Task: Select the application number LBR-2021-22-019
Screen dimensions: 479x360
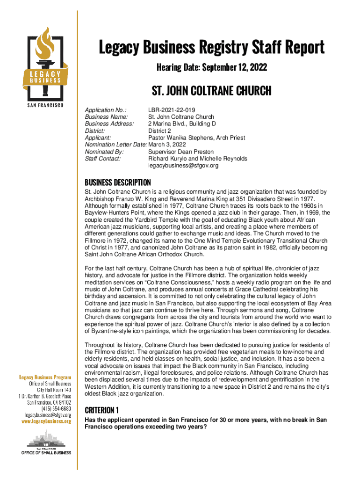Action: tap(172, 110)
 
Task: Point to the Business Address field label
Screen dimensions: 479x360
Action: tap(109, 124)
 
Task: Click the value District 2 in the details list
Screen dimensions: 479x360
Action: tap(160, 131)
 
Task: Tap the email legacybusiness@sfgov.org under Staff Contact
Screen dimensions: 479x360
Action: tap(183, 166)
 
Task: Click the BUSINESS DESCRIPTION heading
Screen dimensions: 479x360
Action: tap(117, 182)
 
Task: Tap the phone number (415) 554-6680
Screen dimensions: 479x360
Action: tap(55, 408)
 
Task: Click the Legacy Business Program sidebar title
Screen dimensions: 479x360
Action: tap(45, 377)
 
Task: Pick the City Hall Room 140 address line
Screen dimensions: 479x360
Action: tap(54, 389)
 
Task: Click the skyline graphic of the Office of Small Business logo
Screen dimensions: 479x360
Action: tap(45, 440)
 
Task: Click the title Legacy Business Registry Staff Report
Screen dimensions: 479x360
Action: tap(211, 48)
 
